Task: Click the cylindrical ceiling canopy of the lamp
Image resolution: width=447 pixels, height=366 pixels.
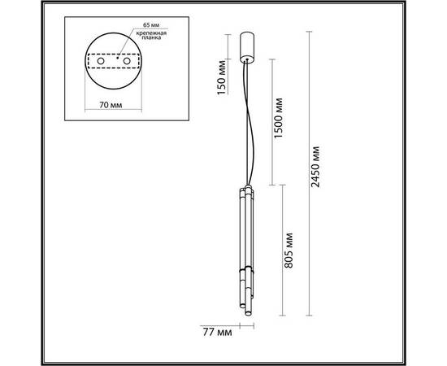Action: point(249,46)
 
